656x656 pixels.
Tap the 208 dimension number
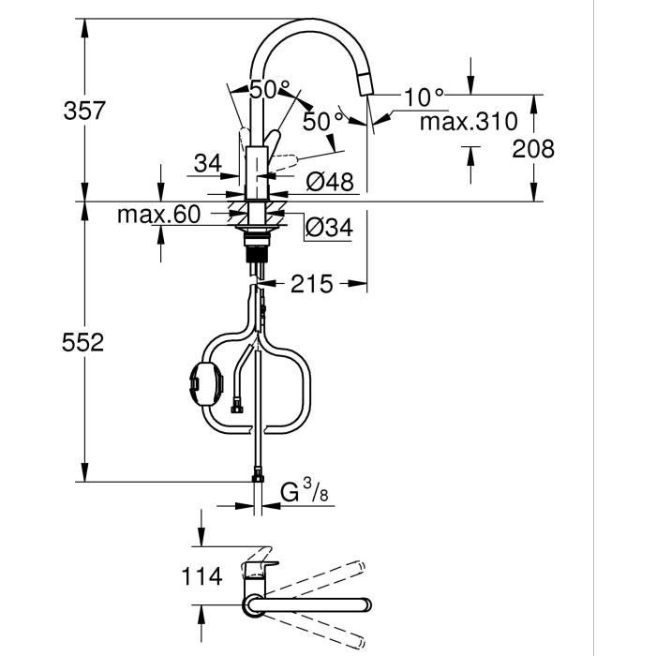534,149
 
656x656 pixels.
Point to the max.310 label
468,122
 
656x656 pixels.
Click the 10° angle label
424,97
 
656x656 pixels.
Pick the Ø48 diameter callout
330,182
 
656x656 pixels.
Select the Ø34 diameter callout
330,227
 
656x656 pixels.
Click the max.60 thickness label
159,215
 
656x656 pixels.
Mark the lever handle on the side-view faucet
271,141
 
